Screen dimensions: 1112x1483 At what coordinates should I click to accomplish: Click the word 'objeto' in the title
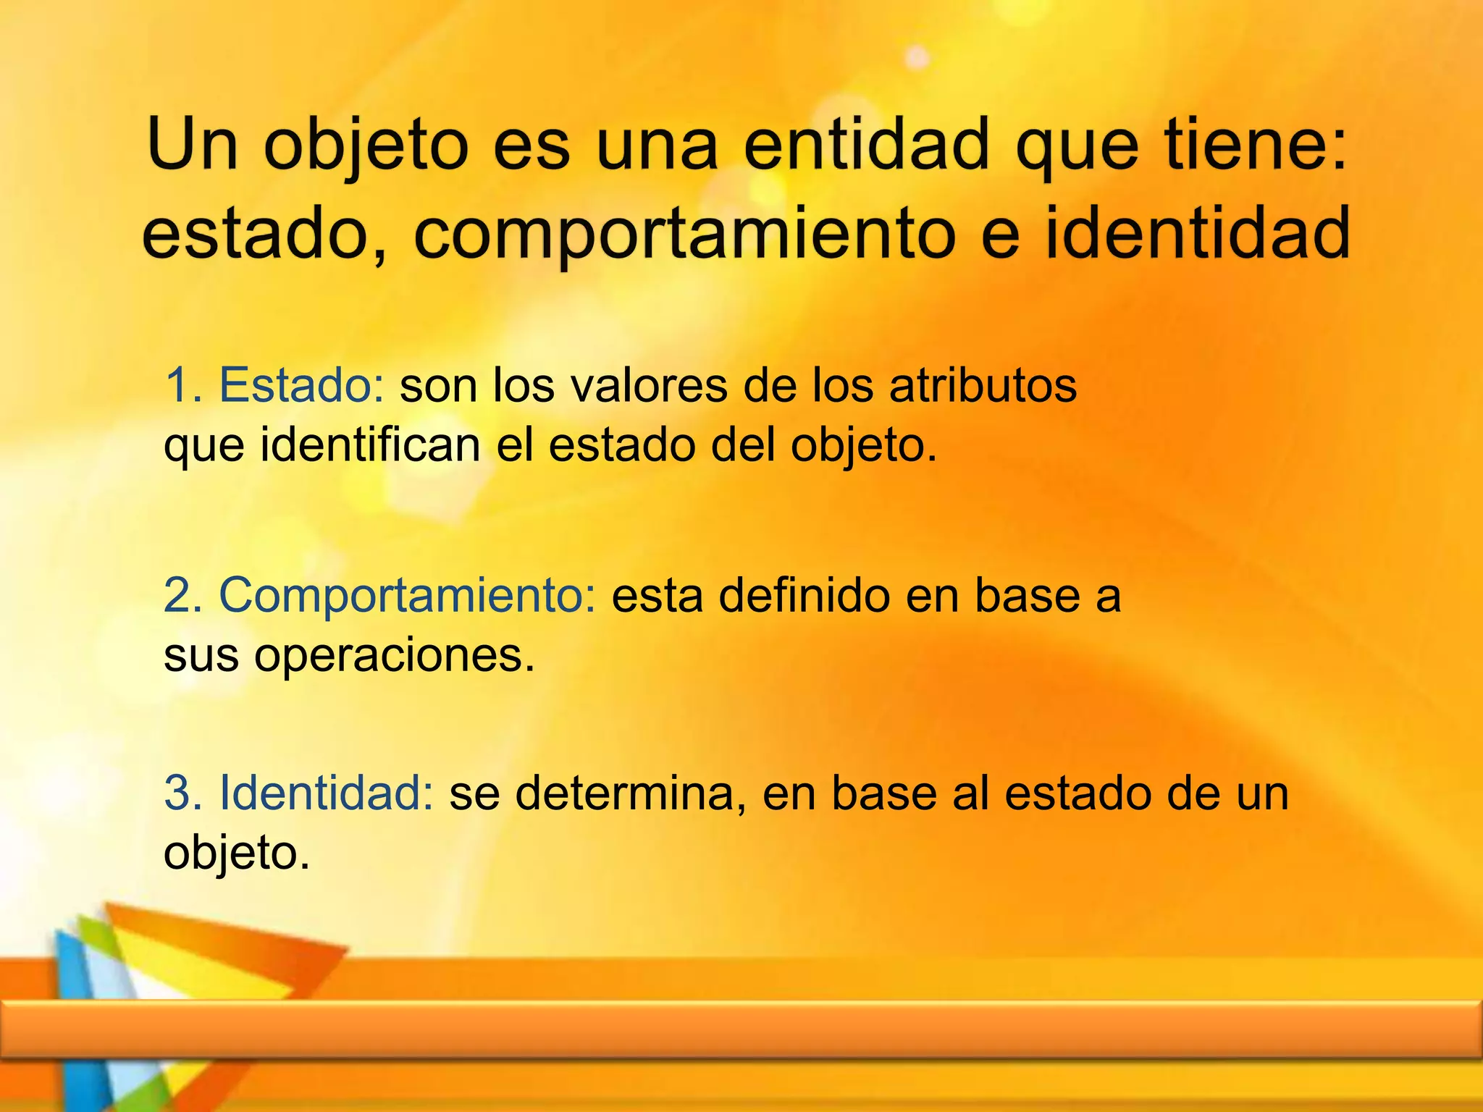coord(366,147)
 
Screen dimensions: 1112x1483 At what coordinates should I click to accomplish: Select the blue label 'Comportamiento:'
coord(408,595)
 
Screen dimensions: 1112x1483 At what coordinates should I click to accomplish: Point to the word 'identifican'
coord(370,445)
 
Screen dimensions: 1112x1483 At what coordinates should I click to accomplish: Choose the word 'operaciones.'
coord(394,657)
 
